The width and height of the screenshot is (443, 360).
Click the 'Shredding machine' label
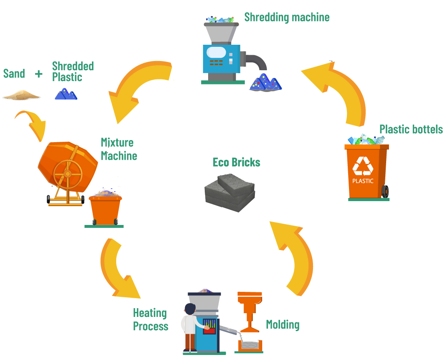point(287,17)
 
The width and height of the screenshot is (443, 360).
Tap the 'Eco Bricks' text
point(237,162)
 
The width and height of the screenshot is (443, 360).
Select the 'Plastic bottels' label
point(411,129)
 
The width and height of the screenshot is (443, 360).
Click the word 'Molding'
point(283,324)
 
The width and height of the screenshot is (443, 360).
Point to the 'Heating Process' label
point(150,319)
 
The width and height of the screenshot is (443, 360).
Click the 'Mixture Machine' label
point(119,149)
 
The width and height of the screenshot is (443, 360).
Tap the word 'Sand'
point(14,74)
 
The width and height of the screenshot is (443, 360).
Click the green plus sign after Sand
point(39,74)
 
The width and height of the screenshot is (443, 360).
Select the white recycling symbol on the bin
point(363,166)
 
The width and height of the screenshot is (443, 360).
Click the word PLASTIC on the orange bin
point(363,181)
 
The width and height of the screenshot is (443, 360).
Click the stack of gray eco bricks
point(230,191)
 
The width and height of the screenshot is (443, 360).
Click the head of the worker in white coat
point(190,309)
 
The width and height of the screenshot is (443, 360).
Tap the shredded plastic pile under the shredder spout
point(266,82)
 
